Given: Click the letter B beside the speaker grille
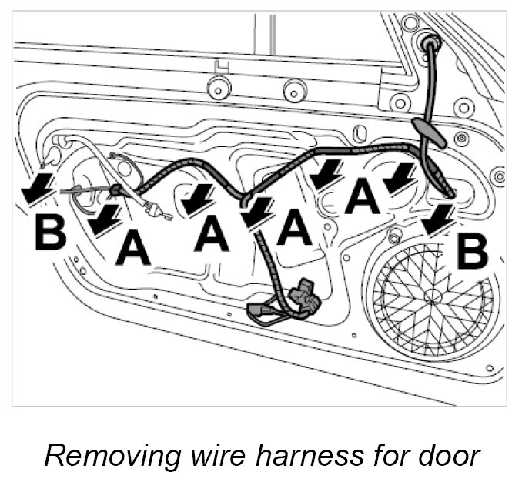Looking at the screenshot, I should pyautogui.click(x=471, y=252).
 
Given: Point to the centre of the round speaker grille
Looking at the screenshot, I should pyautogui.click(x=431, y=297).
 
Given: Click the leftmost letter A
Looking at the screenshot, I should pyautogui.click(x=133, y=249).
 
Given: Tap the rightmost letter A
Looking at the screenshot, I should pyautogui.click(x=362, y=196).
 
